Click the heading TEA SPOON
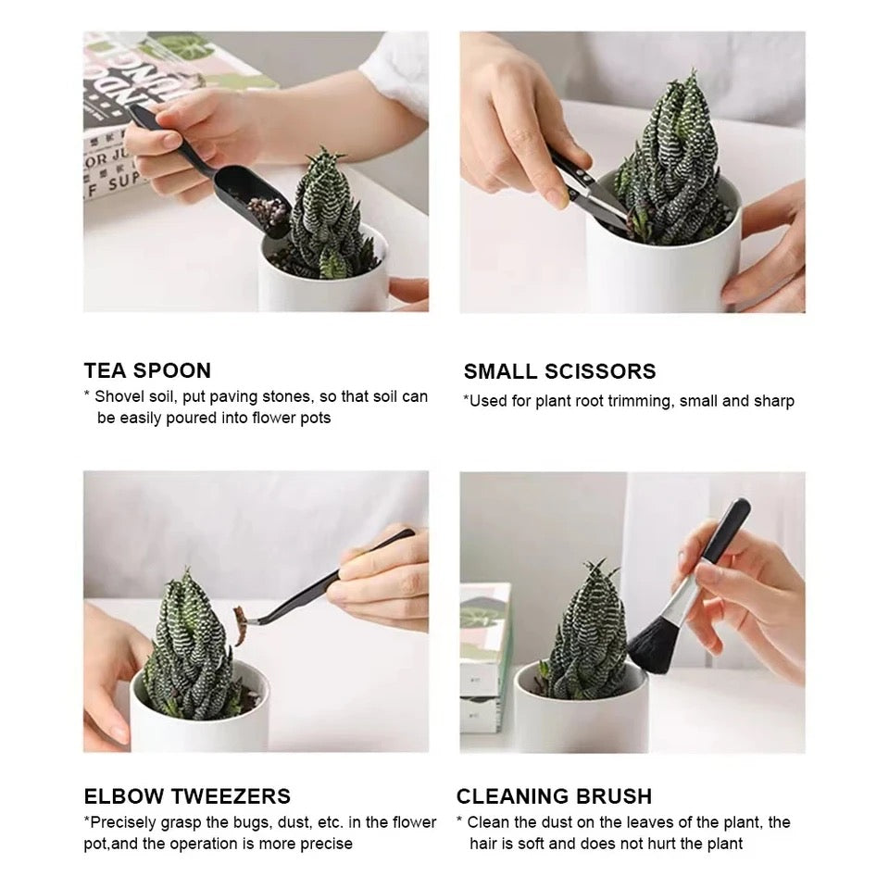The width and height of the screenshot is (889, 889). pos(147,370)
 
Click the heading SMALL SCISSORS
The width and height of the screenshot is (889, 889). pos(559,371)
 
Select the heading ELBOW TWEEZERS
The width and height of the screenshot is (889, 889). pos(187,796)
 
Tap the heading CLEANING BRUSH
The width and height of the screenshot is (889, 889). pos(554,796)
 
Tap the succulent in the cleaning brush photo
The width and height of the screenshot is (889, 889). pos(587,639)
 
